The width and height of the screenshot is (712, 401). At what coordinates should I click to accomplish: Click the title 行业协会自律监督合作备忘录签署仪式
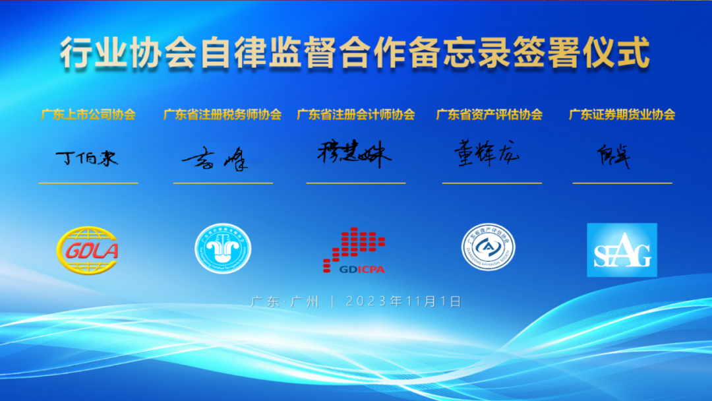point(355,53)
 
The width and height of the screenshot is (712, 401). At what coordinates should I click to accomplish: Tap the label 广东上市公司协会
point(88,114)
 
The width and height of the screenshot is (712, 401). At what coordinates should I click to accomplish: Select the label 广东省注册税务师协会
point(222,114)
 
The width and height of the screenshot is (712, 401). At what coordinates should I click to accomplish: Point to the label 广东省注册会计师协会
point(356,114)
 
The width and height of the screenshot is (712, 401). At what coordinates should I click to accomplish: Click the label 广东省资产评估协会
point(489,114)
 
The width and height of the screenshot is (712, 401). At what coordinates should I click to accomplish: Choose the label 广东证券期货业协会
point(622,114)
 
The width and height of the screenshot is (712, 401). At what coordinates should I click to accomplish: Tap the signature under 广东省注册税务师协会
point(215,159)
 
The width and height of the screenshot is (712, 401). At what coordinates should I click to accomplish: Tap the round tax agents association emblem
point(223,248)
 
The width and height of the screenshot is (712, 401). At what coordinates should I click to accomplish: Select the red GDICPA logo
point(354,251)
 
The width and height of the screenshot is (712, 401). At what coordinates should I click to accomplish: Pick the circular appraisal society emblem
point(488,247)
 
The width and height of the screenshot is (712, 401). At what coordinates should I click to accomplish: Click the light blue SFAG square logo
point(622,250)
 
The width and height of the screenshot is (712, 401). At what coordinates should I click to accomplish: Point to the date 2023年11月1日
point(403,301)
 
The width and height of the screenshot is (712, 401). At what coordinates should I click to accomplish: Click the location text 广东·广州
point(285,301)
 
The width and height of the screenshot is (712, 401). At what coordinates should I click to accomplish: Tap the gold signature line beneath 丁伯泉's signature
point(88,183)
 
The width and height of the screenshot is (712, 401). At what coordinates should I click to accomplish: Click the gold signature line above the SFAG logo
point(622,183)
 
